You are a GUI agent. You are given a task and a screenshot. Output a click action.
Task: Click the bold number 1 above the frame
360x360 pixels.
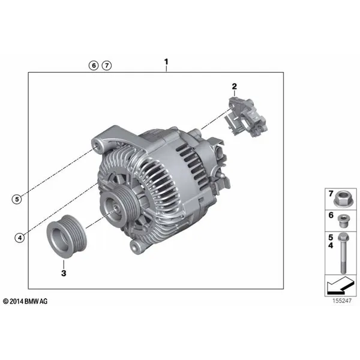click(x=166, y=62)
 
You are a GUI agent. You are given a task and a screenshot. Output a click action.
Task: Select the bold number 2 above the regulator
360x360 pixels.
click(x=234, y=86)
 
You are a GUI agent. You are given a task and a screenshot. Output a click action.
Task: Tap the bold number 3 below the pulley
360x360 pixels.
click(x=64, y=273)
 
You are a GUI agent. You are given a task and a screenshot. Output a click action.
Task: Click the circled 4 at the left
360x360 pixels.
click(x=20, y=238)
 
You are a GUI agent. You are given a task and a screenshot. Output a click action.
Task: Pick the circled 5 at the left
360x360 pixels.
click(x=17, y=199)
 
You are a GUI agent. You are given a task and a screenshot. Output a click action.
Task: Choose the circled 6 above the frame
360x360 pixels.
click(x=94, y=65)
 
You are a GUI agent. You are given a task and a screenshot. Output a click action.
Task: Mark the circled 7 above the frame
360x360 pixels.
click(x=107, y=65)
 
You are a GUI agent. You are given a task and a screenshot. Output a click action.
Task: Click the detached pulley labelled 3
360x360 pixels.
click(x=67, y=236)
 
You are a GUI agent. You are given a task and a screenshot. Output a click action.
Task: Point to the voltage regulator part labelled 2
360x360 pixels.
click(x=245, y=116)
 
